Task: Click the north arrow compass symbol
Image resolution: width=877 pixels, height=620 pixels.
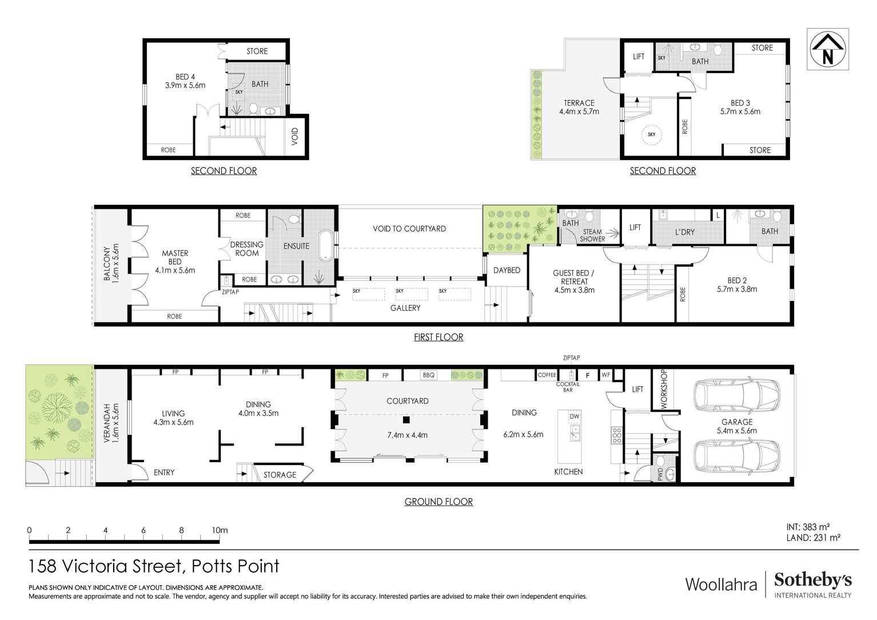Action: coord(827,49)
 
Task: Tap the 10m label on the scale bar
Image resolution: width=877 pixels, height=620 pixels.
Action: coord(220,530)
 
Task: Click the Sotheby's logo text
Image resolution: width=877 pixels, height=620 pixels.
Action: coord(812,580)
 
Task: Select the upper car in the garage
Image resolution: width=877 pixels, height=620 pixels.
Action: coord(736,394)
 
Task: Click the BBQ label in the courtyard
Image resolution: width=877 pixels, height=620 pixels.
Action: coord(428,375)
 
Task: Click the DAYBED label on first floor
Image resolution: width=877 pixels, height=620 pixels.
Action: coord(507,270)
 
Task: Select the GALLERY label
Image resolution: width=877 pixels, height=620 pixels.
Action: coord(405,308)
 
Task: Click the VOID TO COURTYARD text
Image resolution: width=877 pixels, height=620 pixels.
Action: coord(409,229)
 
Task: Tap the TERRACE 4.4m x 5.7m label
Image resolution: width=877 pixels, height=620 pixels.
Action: coord(579,108)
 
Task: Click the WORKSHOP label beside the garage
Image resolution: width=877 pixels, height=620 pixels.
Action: coord(664,389)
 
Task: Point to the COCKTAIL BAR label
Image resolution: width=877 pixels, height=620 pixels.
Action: coord(568,387)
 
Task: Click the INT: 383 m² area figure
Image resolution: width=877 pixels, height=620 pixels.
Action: coord(808,527)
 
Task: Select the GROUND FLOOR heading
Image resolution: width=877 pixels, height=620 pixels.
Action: coord(438,502)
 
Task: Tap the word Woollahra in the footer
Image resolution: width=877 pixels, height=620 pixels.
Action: coord(721,585)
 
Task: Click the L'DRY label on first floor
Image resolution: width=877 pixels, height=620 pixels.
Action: coord(684,232)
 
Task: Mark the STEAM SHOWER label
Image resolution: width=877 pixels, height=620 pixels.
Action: coord(592,236)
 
